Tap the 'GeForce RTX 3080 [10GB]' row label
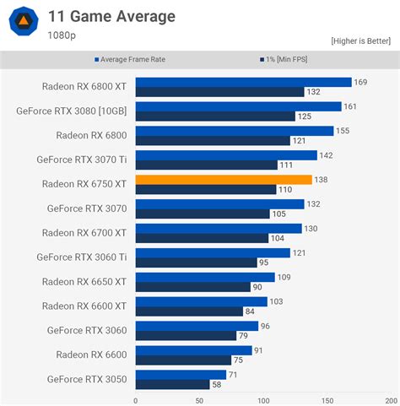[x=72, y=111]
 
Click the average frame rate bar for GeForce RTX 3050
[x=181, y=374]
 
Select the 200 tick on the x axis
[x=392, y=400]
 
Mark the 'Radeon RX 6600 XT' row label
[x=84, y=306]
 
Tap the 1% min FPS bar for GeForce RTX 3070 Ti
[x=206, y=165]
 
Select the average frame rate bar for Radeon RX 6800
[x=234, y=131]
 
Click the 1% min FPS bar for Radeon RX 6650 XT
[x=192, y=286]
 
